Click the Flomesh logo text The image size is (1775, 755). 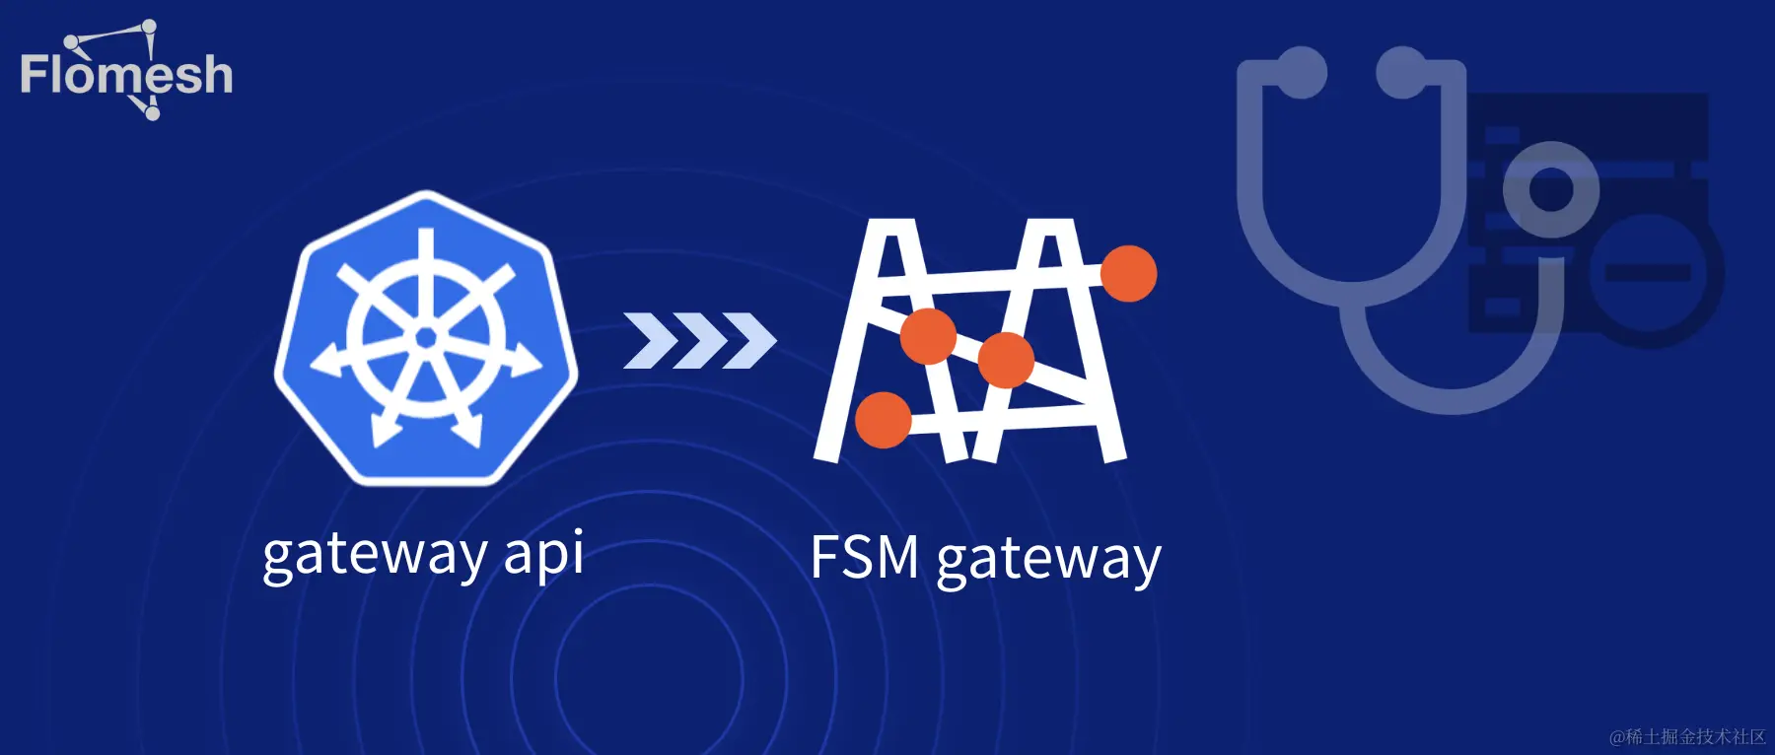pyautogui.click(x=126, y=75)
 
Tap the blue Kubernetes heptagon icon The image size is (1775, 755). pyautogui.click(x=426, y=337)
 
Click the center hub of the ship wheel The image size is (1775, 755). pyautogui.click(x=426, y=338)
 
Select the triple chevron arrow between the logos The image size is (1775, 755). pyautogui.click(x=699, y=341)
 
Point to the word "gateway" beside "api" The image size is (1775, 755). pyautogui.click(x=375, y=555)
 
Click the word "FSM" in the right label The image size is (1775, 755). pyautogui.click(x=865, y=558)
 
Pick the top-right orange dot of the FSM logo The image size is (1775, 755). pyautogui.click(x=1128, y=273)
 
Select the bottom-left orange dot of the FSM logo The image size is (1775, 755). pyautogui.click(x=883, y=419)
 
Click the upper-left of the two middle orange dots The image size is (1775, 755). pyautogui.click(x=928, y=335)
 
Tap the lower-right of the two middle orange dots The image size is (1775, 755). pyautogui.click(x=1005, y=360)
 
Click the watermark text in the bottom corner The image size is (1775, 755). pyautogui.click(x=1687, y=736)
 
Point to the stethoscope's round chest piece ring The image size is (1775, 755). pyautogui.click(x=1550, y=189)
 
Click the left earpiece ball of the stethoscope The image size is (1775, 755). pyautogui.click(x=1301, y=72)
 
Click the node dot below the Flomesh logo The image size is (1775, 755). pyautogui.click(x=152, y=112)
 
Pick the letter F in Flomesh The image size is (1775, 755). pyautogui.click(x=34, y=75)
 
